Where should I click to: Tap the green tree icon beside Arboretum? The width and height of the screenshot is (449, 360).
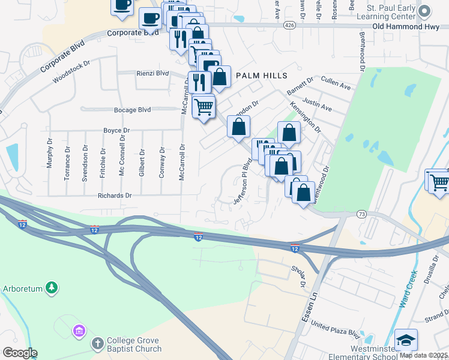pyautogui.click(x=52, y=288)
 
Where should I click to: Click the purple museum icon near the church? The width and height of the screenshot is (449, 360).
pyautogui.click(x=78, y=330)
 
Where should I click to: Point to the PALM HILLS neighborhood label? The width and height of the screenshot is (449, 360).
pyautogui.click(x=261, y=76)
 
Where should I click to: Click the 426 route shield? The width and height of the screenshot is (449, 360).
pyautogui.click(x=289, y=26)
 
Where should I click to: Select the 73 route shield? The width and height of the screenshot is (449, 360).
pyautogui.click(x=361, y=214)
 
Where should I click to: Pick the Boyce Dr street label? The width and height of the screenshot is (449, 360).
pyautogui.click(x=116, y=130)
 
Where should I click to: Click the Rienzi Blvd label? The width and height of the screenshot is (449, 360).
pyautogui.click(x=154, y=74)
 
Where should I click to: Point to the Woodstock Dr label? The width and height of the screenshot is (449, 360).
pyautogui.click(x=71, y=71)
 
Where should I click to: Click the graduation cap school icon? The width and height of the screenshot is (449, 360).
pyautogui.click(x=406, y=340)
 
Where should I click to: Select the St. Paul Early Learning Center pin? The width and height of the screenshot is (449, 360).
pyautogui.click(x=425, y=11)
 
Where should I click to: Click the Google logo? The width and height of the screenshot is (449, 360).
pyautogui.click(x=20, y=353)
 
